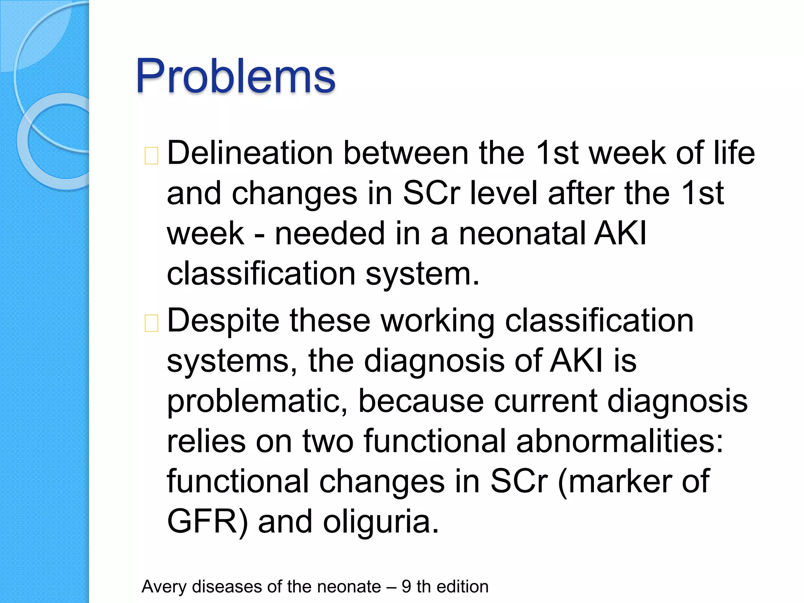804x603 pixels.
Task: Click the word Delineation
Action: [250, 153]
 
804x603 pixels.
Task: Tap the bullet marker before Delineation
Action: [151, 155]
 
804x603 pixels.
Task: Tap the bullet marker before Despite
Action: [151, 323]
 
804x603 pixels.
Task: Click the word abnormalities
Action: [619, 441]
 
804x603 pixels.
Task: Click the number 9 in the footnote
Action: [406, 587]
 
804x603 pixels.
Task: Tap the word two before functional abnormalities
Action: [328, 441]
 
